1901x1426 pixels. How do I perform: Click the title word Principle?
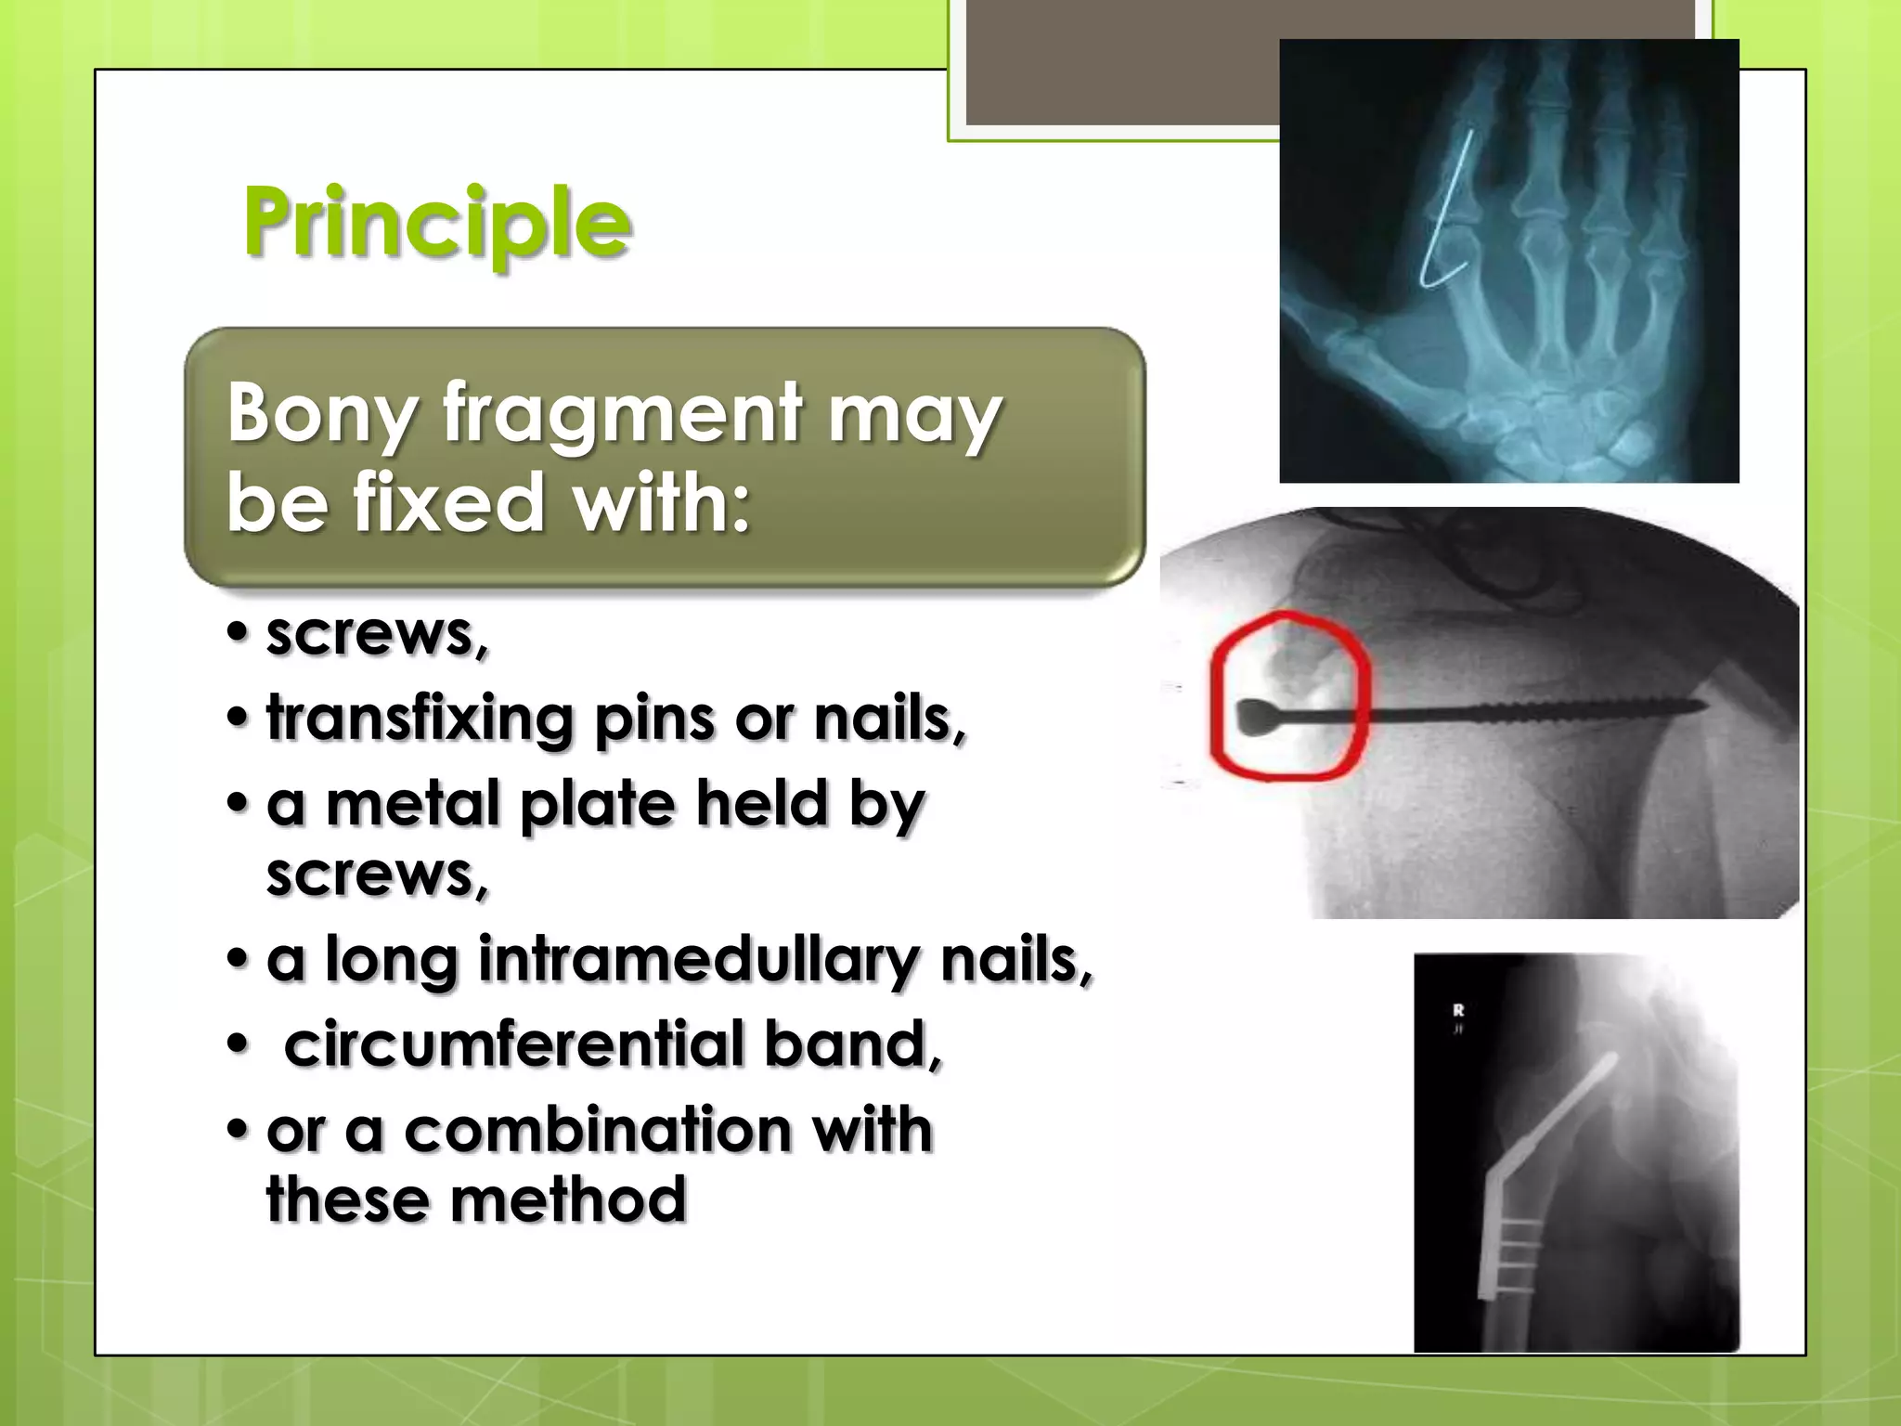[437, 223]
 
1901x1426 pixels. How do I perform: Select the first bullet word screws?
[377, 635]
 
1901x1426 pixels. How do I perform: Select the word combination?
[598, 1131]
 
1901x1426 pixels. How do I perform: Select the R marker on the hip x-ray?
[1458, 1010]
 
